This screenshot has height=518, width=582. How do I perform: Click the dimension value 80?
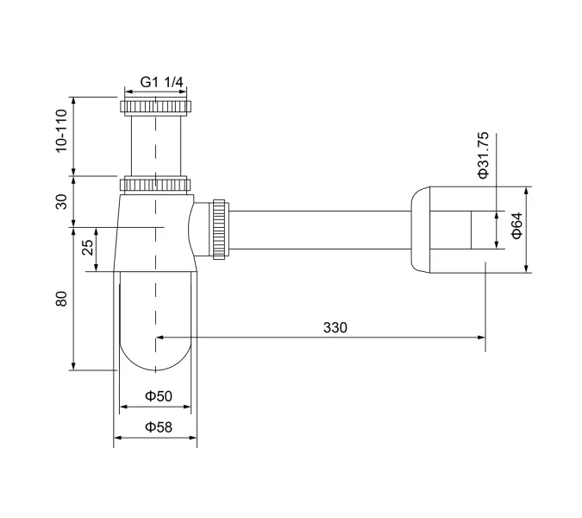(x=61, y=300)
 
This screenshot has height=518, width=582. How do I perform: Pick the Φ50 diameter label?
(x=159, y=395)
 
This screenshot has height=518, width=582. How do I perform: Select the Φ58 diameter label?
(x=159, y=426)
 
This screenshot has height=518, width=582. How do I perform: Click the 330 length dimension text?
(x=335, y=327)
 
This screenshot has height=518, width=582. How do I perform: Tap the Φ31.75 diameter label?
(x=483, y=154)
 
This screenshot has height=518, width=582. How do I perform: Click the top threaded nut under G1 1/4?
(x=156, y=108)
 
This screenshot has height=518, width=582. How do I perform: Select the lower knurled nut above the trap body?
(x=156, y=185)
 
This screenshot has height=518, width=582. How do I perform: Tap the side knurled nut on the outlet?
(x=219, y=228)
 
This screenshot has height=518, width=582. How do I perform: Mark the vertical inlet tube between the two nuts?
(x=156, y=147)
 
